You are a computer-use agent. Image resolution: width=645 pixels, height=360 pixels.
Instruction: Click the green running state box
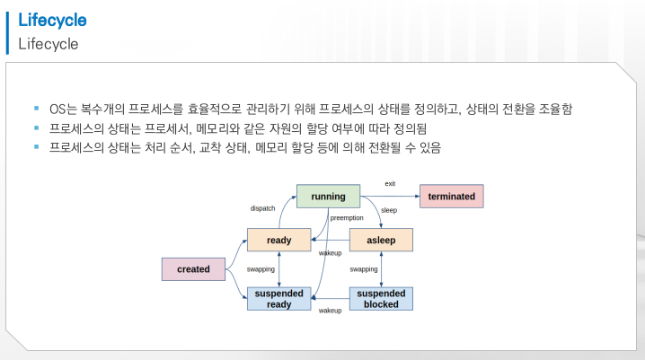pyautogui.click(x=328, y=196)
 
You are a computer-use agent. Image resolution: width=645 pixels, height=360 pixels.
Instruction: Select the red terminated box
pyautogui.click(x=452, y=196)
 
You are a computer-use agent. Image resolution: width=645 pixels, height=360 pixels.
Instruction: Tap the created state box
pyautogui.click(x=193, y=268)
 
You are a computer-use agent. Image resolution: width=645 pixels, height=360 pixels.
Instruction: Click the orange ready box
pyautogui.click(x=279, y=240)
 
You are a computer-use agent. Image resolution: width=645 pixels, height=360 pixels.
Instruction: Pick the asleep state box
pyautogui.click(x=381, y=240)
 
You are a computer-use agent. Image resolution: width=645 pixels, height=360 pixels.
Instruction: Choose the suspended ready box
pyautogui.click(x=279, y=299)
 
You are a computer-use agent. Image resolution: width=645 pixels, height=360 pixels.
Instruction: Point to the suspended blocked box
pyautogui.click(x=381, y=299)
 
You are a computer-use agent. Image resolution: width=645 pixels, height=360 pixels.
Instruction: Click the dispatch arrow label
pyautogui.click(x=262, y=208)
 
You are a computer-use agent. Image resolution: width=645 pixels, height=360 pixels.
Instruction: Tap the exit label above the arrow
pyautogui.click(x=389, y=183)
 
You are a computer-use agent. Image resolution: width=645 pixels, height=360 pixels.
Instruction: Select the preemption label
pyautogui.click(x=346, y=217)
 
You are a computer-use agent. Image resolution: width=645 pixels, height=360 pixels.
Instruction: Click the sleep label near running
pyautogui.click(x=389, y=210)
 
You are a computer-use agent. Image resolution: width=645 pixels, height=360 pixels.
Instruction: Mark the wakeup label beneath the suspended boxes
pyautogui.click(x=331, y=310)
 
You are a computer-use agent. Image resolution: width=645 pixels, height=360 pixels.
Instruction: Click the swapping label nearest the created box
pyautogui.click(x=261, y=268)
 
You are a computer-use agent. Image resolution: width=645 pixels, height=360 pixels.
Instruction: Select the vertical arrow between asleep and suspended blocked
pyautogui.click(x=381, y=269)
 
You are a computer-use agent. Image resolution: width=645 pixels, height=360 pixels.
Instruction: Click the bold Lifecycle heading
pyautogui.click(x=53, y=20)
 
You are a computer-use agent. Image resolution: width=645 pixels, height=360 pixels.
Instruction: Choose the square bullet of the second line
pyautogui.click(x=37, y=128)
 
